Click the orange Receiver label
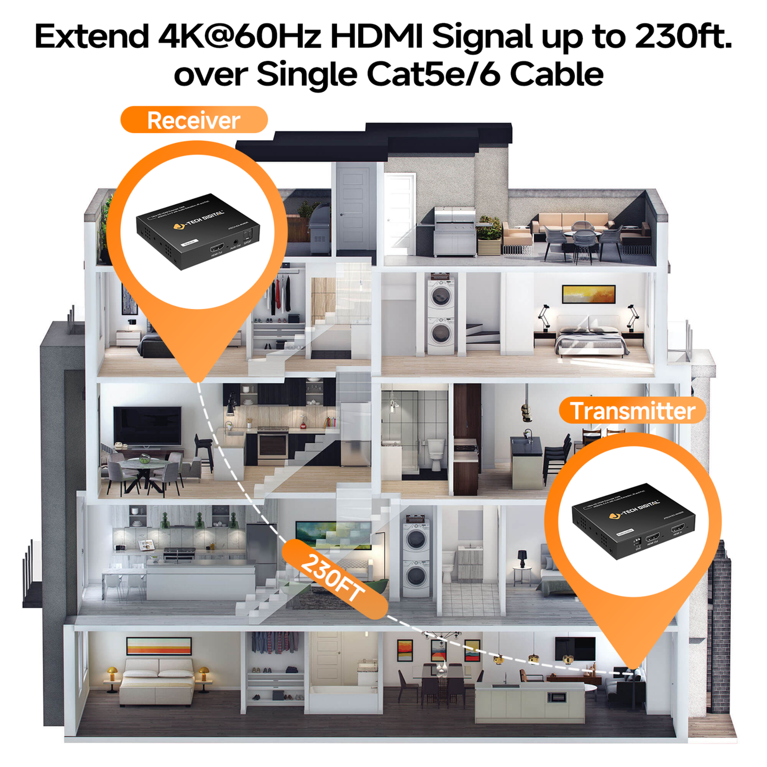tap(194, 120)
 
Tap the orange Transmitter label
tap(632, 411)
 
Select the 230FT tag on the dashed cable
tap(334, 579)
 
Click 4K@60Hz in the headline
tap(239, 37)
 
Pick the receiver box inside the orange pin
tap(197, 231)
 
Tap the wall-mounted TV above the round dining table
tap(148, 425)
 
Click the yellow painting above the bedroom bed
tap(588, 294)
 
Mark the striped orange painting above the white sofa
tap(159, 646)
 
